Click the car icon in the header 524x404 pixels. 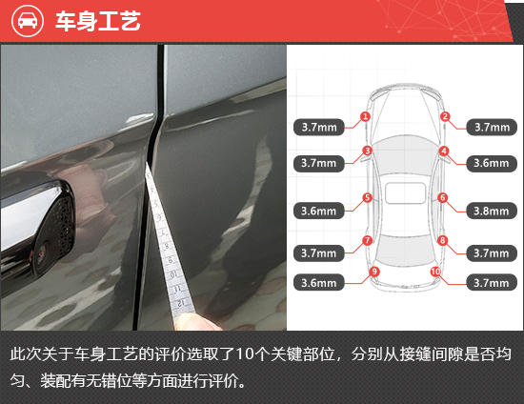click(x=28, y=21)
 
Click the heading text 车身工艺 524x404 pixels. click(x=98, y=21)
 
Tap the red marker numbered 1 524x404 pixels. click(x=365, y=116)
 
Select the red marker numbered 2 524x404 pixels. click(x=445, y=116)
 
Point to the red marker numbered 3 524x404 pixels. click(x=367, y=151)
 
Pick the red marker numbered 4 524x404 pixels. click(x=444, y=151)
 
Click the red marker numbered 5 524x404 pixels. click(x=367, y=197)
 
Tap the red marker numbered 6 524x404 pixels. click(x=443, y=197)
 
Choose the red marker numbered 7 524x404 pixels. click(x=367, y=240)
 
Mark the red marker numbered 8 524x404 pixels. click(x=443, y=240)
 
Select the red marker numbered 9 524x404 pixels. click(x=374, y=272)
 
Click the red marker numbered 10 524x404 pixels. click(x=435, y=272)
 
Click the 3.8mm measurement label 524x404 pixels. click(x=492, y=211)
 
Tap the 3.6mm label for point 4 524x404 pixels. click(x=492, y=163)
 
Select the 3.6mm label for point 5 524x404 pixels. click(x=319, y=211)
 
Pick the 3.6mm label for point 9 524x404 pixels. click(x=319, y=283)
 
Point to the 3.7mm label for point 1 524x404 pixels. click(x=319, y=128)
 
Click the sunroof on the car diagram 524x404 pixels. click(x=405, y=192)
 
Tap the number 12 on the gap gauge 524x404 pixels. click(x=180, y=303)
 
